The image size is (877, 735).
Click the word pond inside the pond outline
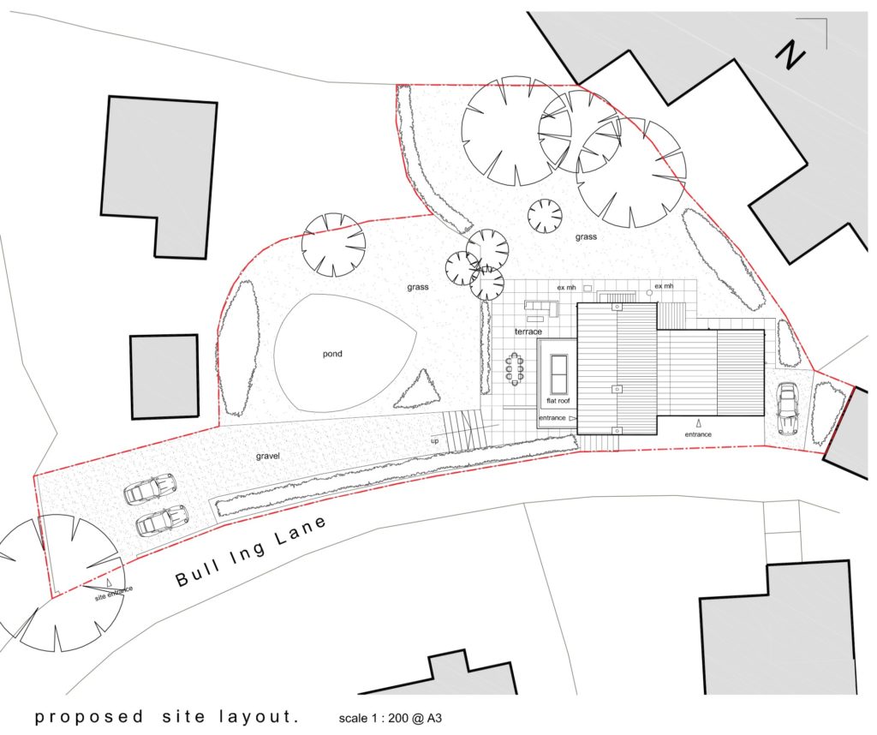tap(332, 354)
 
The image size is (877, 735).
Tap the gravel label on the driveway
tap(268, 457)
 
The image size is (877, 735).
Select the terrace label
tap(528, 331)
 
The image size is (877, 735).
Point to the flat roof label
tap(558, 400)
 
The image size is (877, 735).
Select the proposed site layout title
tap(167, 717)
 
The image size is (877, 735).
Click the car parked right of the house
tap(786, 409)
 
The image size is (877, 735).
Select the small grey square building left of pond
tap(164, 377)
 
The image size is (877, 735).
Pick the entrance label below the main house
tap(698, 434)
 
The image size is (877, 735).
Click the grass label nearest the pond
tap(418, 287)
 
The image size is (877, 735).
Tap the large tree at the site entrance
tap(60, 583)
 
